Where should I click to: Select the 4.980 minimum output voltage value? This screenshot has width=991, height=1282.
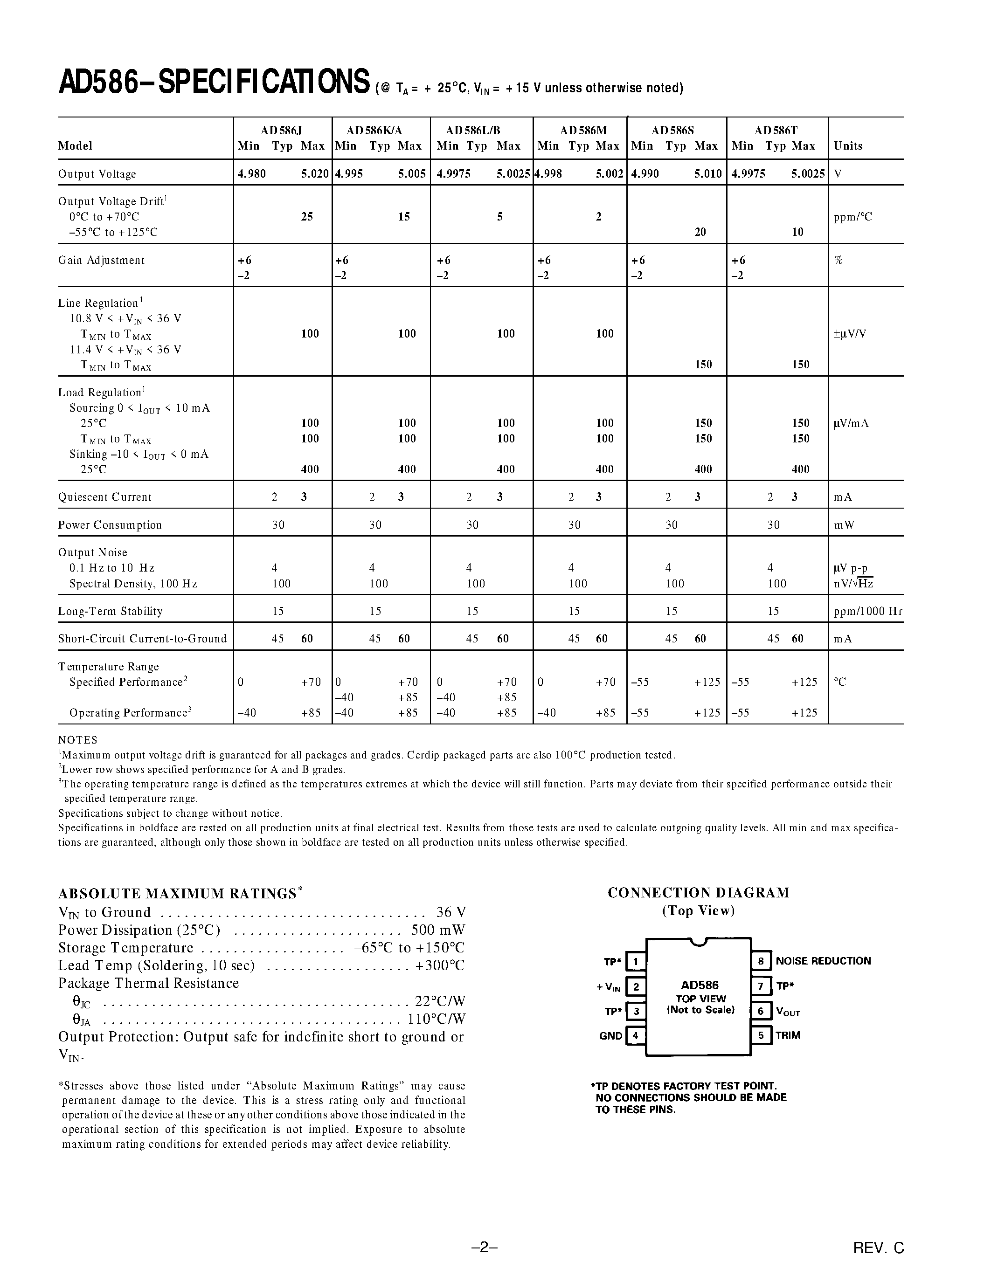click(x=251, y=174)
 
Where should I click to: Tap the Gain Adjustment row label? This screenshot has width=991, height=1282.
click(x=101, y=260)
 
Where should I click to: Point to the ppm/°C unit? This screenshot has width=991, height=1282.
click(x=852, y=217)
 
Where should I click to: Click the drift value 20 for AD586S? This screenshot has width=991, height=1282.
click(x=700, y=232)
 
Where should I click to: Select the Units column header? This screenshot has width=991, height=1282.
click(x=848, y=145)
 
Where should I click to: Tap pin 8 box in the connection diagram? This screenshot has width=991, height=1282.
click(x=760, y=961)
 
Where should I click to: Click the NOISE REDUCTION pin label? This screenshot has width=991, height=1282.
click(x=823, y=961)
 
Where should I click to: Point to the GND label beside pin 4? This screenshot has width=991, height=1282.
click(x=610, y=1036)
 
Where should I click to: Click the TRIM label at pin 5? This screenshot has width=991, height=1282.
click(x=788, y=1035)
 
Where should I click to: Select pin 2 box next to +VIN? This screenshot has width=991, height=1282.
click(x=636, y=987)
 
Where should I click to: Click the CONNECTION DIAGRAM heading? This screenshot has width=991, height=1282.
click(x=698, y=893)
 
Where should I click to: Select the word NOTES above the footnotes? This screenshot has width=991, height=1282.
click(x=77, y=740)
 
